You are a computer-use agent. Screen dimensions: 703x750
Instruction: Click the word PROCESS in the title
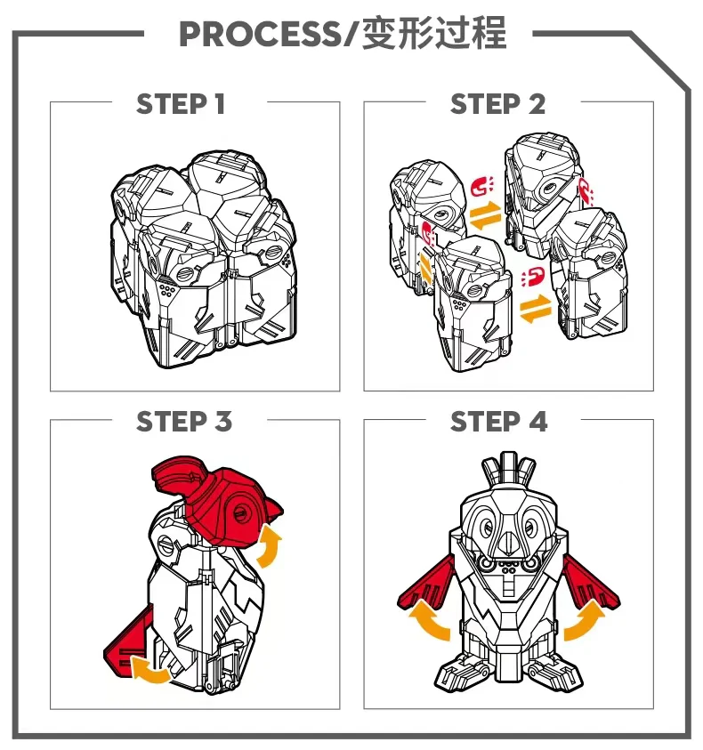coord(258,34)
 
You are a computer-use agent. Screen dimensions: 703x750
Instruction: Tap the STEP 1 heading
coord(181,104)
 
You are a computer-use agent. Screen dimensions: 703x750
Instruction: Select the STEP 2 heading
coord(497,104)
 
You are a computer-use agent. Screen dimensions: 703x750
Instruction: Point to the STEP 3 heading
coord(184,422)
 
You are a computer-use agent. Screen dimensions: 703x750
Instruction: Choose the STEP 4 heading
coord(498,422)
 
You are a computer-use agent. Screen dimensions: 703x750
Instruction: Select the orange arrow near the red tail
coord(149,671)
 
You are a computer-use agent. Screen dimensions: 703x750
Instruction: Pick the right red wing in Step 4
coord(591,584)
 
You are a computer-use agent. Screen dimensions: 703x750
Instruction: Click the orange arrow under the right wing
coord(585,621)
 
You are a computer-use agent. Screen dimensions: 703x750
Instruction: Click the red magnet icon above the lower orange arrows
coord(533,278)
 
